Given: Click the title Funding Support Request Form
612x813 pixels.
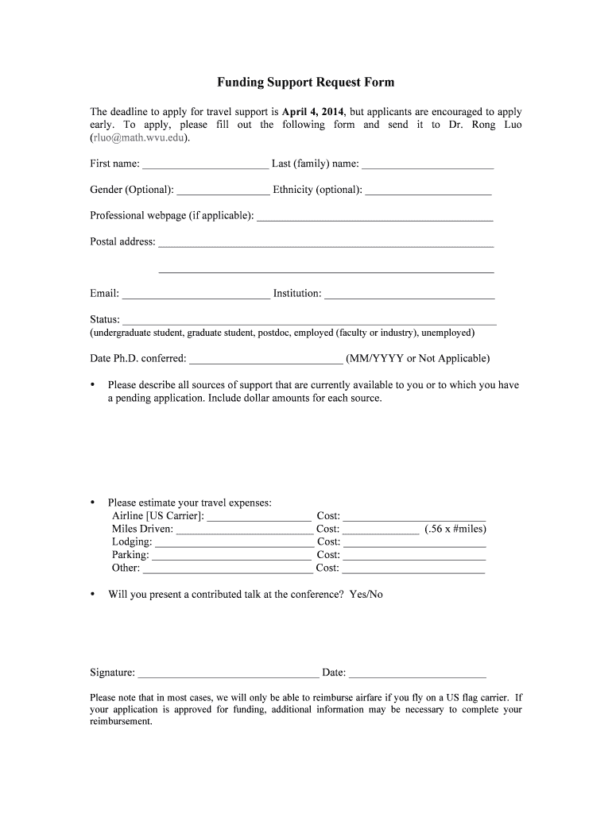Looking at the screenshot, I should coord(306,83).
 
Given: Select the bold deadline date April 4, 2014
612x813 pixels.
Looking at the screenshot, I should coord(312,112).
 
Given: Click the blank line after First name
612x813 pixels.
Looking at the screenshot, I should coord(205,166).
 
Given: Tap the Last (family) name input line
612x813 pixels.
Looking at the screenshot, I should coord(428,166).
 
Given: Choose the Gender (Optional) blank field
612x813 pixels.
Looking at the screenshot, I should coord(223,191).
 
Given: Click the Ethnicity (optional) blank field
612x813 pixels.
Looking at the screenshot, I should coord(428,191).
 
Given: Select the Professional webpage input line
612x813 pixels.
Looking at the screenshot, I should coord(375,217).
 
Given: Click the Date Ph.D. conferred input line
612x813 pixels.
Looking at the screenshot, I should coord(266,360).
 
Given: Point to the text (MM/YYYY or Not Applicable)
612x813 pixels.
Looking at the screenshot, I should coord(418,358).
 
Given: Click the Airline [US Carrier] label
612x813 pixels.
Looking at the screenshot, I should coord(157,516).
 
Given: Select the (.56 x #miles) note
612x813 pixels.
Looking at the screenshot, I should coord(455,529).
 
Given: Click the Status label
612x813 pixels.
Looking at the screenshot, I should coord(105,319).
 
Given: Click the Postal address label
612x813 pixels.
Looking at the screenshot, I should coord(122,241).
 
